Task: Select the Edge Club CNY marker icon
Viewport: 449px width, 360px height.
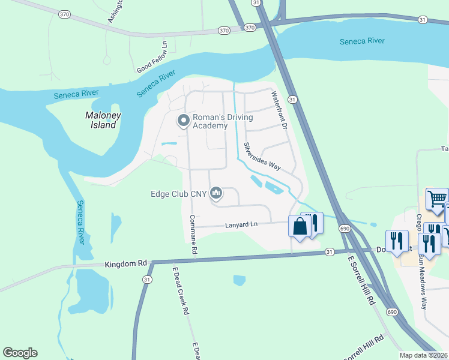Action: [x=217, y=193]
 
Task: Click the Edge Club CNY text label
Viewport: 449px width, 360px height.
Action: [x=178, y=194]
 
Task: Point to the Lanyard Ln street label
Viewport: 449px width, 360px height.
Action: [x=241, y=224]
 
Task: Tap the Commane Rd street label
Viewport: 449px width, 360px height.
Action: [x=193, y=233]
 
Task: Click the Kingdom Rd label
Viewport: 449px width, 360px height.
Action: [x=125, y=263]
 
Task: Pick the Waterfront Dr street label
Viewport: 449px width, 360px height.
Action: [x=280, y=110]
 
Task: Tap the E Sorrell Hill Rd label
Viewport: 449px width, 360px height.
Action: [x=361, y=281]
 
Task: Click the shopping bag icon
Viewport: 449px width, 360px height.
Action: [x=300, y=226]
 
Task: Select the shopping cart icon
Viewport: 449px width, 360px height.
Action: [x=436, y=197]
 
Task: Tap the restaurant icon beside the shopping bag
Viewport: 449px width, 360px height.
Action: [x=313, y=223]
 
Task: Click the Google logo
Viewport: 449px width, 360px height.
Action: [x=20, y=353]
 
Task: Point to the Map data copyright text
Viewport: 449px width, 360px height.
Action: [x=424, y=355]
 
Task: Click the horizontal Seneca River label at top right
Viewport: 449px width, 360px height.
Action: [x=362, y=41]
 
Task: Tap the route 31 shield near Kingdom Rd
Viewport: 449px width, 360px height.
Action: [x=147, y=280]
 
